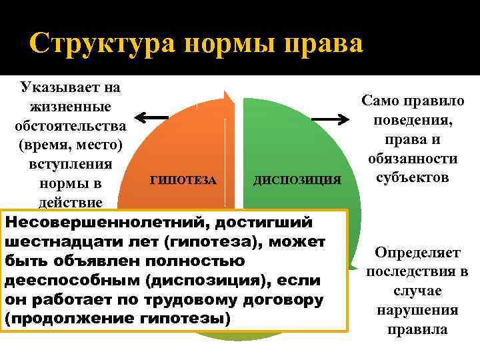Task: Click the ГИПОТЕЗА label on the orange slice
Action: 183,180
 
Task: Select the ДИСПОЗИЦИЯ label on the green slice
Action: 297,180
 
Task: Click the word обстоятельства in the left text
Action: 70,125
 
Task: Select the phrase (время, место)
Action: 70,144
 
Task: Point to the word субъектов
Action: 413,177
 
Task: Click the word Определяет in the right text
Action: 417,253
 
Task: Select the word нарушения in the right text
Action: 417,310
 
